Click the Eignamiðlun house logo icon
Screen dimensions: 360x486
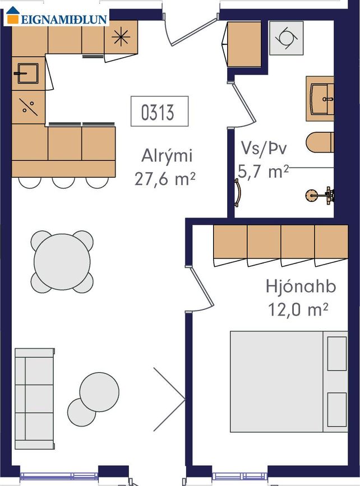(13, 15)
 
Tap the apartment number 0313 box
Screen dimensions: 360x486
(159, 112)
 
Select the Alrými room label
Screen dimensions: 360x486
(167, 155)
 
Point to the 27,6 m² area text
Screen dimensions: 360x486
(165, 179)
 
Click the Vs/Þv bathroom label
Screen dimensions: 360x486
(264, 148)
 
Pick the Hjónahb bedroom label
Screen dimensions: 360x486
(301, 286)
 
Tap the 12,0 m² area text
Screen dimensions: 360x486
(298, 309)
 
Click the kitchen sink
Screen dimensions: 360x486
(28, 73)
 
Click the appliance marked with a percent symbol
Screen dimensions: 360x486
(28, 107)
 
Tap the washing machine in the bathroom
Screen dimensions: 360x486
(286, 38)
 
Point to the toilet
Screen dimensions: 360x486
(320, 142)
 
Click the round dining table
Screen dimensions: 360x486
(62, 262)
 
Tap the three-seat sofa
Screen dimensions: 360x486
(35, 399)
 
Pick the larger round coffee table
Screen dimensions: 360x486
(99, 392)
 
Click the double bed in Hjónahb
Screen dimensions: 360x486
(289, 382)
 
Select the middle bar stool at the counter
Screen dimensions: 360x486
(63, 183)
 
